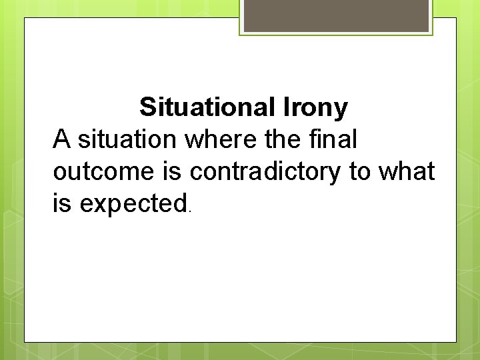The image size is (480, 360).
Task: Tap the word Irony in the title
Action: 316,108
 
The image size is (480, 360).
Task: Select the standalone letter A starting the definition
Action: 61,139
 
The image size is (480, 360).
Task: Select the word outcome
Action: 103,172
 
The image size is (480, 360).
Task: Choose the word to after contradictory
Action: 361,172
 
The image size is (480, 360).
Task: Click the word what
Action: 407,172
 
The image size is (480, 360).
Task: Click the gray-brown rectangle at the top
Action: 336,15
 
